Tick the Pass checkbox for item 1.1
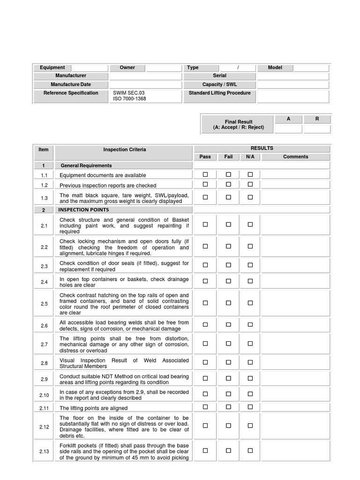pyautogui.click(x=205, y=174)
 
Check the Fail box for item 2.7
pyautogui.click(x=228, y=344)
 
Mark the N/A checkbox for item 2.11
pyautogui.click(x=250, y=407)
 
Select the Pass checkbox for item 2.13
pyautogui.click(x=205, y=450)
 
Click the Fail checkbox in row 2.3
pyautogui.click(x=228, y=265)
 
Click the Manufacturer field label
pyautogui.click(x=71, y=75)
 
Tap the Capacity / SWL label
pyautogui.click(x=219, y=84)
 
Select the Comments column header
pyautogui.click(x=295, y=157)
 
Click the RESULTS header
pyautogui.click(x=262, y=148)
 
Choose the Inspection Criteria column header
pyautogui.click(x=124, y=150)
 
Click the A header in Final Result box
pyautogui.click(x=288, y=119)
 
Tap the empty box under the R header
pyautogui.click(x=317, y=129)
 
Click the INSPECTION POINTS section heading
pyautogui.click(x=83, y=210)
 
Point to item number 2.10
pyautogui.click(x=44, y=395)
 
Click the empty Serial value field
pyautogui.click(x=293, y=76)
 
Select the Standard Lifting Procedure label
pyautogui.click(x=219, y=93)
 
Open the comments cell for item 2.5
pyautogui.click(x=295, y=304)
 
